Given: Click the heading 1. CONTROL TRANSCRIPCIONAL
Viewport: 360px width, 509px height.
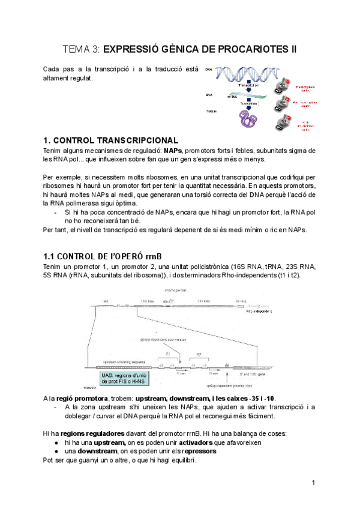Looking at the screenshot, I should [111, 140].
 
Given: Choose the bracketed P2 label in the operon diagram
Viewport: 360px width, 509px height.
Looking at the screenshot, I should [199, 354].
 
